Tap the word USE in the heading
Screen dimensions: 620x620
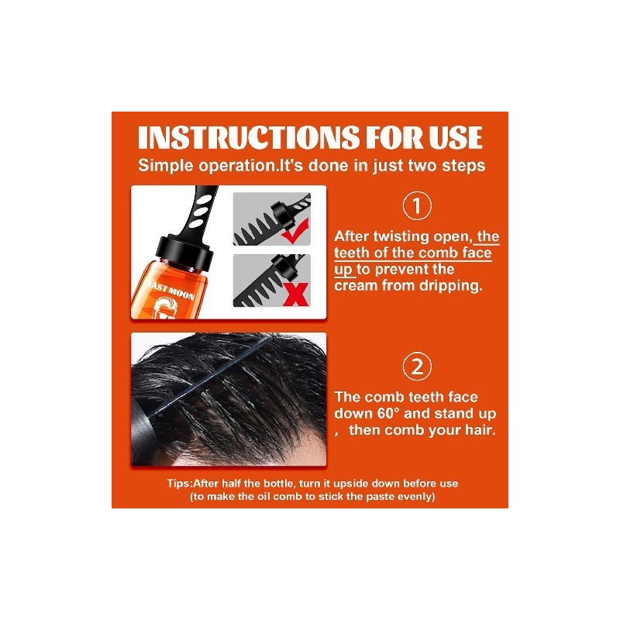(455, 138)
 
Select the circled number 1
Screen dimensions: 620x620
(417, 205)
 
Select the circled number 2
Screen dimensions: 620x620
(417, 366)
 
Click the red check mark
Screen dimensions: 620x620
(295, 232)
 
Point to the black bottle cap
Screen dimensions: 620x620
(185, 250)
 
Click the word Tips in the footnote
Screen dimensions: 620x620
(179, 484)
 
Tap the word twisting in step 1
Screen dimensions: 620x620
(401, 237)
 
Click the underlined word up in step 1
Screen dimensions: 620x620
(343, 270)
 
